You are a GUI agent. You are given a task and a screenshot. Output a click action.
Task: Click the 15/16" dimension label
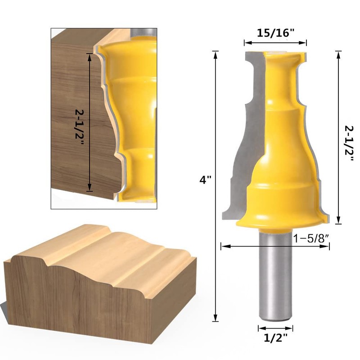(x=275, y=33)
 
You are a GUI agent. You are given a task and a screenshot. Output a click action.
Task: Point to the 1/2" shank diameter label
(x=275, y=338)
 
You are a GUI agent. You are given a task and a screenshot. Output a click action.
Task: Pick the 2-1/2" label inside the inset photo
(x=80, y=127)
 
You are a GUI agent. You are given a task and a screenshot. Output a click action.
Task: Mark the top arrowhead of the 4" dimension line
(x=216, y=54)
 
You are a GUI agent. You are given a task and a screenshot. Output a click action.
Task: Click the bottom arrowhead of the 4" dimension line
(x=216, y=318)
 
